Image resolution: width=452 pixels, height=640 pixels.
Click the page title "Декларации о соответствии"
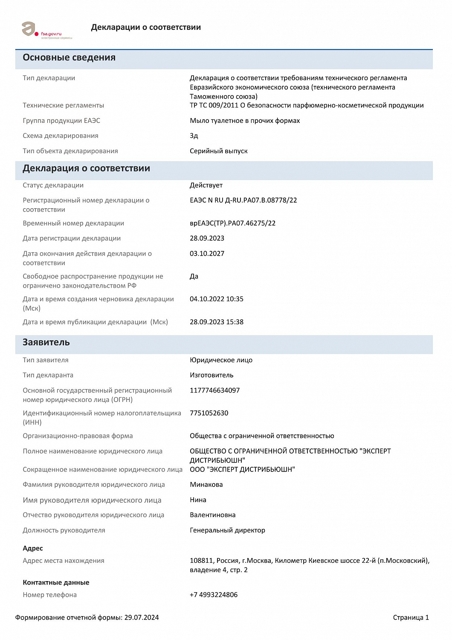(x=146, y=27)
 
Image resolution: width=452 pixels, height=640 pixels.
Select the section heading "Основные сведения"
(x=69, y=58)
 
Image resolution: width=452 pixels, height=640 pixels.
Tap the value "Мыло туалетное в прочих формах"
(x=245, y=121)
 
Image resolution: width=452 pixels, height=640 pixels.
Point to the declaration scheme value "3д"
(x=194, y=136)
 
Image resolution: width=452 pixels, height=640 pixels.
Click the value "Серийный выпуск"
(x=218, y=151)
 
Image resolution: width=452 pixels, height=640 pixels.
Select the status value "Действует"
(x=206, y=185)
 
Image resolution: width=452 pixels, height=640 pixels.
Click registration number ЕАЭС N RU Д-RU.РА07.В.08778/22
(x=243, y=200)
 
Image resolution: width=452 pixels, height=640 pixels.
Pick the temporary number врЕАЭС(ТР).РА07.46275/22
(x=232, y=223)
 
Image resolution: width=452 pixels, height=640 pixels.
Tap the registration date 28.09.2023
(x=207, y=238)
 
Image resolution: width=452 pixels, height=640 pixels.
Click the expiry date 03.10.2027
(x=207, y=253)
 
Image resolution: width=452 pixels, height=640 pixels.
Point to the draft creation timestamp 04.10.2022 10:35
(x=216, y=299)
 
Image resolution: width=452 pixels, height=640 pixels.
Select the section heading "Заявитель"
(x=46, y=342)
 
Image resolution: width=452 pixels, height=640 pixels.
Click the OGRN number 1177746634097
(x=214, y=390)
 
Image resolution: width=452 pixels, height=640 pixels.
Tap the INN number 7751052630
(x=209, y=413)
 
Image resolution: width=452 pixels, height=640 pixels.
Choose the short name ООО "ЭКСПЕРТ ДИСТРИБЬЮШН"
(x=242, y=469)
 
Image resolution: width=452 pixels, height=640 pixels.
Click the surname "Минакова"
(x=206, y=485)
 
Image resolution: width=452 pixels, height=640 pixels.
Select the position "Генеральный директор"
(x=227, y=530)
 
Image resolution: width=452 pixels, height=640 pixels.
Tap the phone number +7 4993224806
(x=214, y=595)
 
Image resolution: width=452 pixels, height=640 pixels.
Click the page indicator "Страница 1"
(x=411, y=617)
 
